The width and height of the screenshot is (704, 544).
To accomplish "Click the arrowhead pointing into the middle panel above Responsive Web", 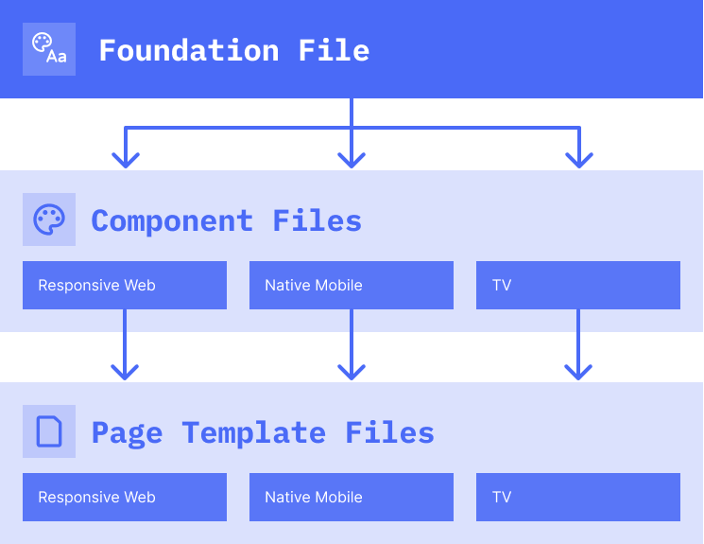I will tap(125, 160).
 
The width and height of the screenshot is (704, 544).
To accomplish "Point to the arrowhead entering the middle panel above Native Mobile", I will tap(352, 160).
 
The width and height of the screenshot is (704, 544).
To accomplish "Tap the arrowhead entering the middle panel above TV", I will tap(578, 160).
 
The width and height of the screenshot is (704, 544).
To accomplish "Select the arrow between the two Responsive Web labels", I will tap(125, 357).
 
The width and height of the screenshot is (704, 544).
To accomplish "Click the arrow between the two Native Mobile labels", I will tap(352, 357).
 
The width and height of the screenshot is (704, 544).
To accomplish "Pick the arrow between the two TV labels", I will tap(578, 357).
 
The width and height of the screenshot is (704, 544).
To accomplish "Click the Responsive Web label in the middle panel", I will tap(96, 285).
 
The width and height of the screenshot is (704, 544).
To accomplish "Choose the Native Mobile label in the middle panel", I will tap(313, 285).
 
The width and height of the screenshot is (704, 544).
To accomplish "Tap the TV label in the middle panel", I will tap(501, 285).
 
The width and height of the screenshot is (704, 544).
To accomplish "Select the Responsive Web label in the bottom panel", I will tap(96, 497).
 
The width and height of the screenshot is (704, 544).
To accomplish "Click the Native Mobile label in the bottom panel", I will tap(313, 497).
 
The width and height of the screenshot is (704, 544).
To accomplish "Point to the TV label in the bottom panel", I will tap(501, 497).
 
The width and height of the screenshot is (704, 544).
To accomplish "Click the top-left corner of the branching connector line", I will tap(126, 128).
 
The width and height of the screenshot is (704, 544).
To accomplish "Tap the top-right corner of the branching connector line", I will tap(578, 128).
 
